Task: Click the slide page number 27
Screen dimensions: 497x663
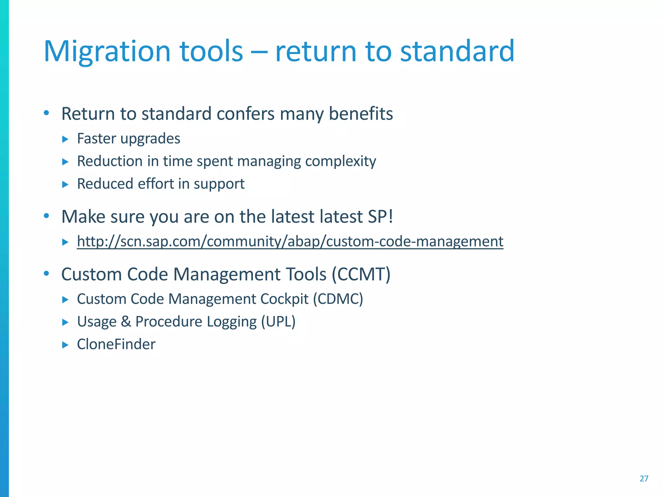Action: pyautogui.click(x=644, y=479)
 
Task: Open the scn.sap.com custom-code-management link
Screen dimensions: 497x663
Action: pyautogui.click(x=290, y=241)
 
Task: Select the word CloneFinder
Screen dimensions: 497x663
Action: pyautogui.click(x=116, y=344)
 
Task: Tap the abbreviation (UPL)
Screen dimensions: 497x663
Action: pyautogui.click(x=278, y=322)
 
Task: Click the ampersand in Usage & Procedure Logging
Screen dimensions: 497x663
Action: pyautogui.click(x=126, y=322)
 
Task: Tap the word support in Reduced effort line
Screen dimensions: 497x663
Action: pyautogui.click(x=219, y=184)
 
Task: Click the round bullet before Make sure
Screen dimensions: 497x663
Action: pyautogui.click(x=46, y=216)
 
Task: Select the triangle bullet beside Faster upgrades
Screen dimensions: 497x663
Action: pyautogui.click(x=65, y=139)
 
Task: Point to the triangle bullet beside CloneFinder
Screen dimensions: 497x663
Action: pyautogui.click(x=65, y=345)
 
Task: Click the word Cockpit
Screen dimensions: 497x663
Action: pyautogui.click(x=284, y=299)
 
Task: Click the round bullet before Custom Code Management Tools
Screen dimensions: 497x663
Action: pyautogui.click(x=46, y=274)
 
